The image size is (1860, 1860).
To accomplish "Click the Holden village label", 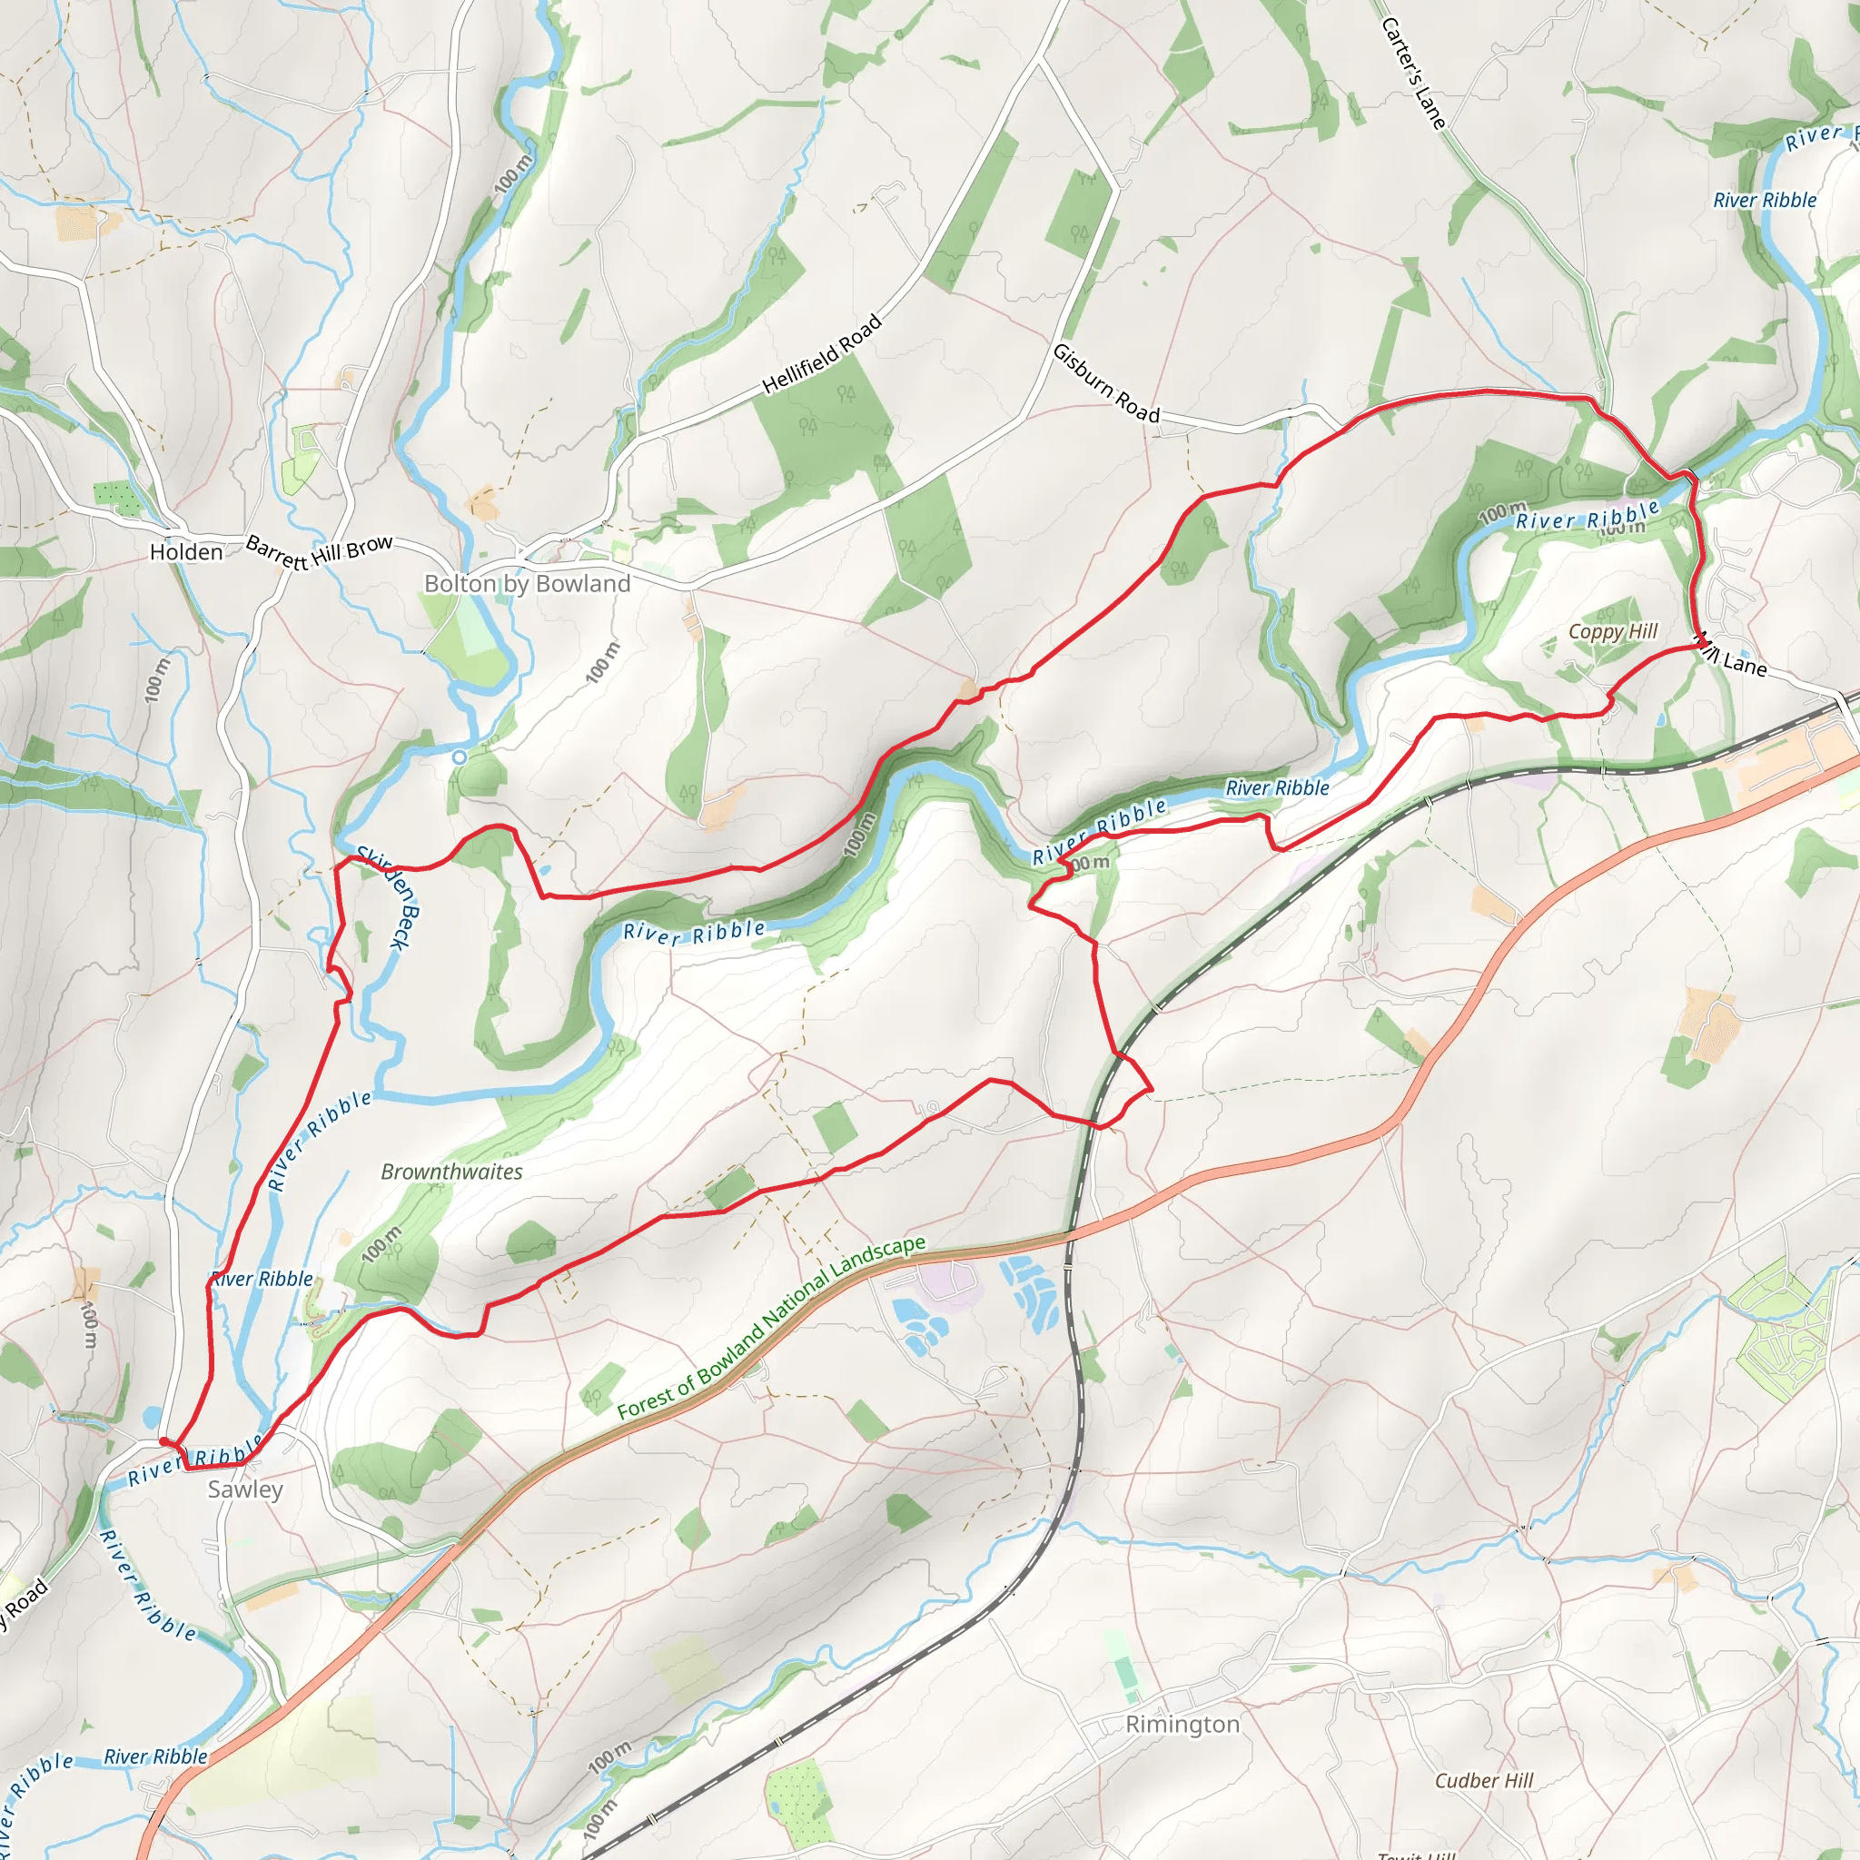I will tap(186, 551).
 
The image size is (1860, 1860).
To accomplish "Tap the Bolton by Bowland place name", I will tap(527, 583).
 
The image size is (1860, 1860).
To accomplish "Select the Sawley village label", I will tap(245, 1489).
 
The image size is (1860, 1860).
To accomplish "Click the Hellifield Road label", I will tap(821, 354).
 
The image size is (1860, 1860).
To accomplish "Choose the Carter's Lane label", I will tap(1412, 74).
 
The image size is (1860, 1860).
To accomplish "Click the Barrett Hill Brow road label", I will tap(319, 551).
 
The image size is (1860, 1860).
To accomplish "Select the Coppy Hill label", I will tap(1613, 631).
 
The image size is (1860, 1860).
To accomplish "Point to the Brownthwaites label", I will tap(451, 1172).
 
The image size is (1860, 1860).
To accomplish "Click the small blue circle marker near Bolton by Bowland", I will tap(460, 757).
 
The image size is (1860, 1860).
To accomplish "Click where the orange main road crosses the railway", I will tap(1070, 1235).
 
